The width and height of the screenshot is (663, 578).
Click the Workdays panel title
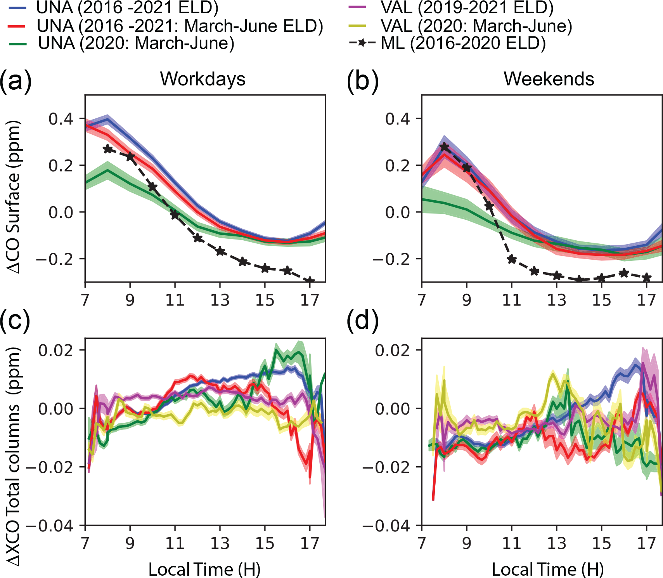coord(203,79)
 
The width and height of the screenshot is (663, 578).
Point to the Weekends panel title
coord(549,79)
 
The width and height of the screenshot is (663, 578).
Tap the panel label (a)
coord(16,81)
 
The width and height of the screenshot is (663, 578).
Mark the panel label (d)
coord(363,321)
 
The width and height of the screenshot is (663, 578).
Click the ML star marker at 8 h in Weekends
coord(444,147)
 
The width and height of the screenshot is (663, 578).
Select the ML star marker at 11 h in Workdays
coord(175,214)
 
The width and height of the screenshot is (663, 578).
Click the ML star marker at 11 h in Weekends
coord(512,259)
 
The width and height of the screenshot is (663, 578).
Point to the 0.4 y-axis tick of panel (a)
coord(61,119)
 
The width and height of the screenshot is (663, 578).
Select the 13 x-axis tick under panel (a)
coord(220,300)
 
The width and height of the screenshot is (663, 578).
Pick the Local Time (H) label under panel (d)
coord(548,569)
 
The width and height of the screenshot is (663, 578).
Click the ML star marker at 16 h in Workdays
coord(287,271)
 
